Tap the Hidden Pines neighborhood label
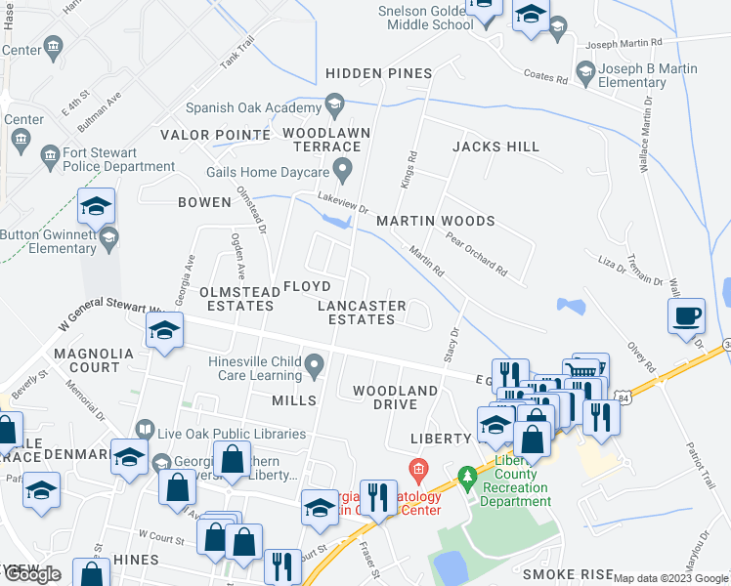[379, 74]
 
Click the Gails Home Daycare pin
[343, 171]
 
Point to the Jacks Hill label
[495, 146]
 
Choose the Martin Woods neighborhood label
[436, 222]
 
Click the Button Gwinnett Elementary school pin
[109, 236]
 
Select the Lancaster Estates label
[362, 313]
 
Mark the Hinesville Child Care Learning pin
[314, 367]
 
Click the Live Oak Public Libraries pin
[145, 429]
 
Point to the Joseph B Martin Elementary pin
[585, 70]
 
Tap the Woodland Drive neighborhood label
[395, 398]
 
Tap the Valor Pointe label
[215, 135]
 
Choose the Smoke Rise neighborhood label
[568, 574]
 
